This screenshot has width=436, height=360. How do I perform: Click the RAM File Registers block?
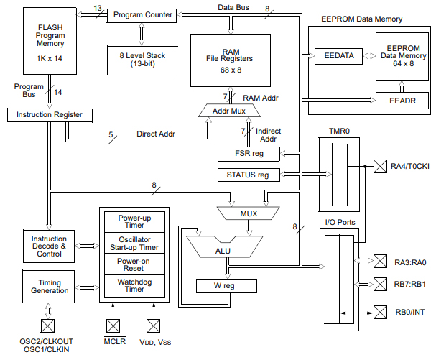tap(229, 57)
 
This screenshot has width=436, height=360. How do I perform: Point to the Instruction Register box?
tap(50, 114)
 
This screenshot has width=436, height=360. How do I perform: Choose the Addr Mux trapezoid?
tap(229, 111)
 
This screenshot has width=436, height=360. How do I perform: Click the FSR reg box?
tap(248, 154)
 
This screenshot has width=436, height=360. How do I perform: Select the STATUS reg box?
tap(248, 175)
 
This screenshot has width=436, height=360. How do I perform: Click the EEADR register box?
tap(402, 99)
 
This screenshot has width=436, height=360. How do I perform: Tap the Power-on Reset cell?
tap(134, 264)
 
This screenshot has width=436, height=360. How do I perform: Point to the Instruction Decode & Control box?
tap(49, 244)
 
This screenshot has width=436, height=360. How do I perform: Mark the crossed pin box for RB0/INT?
tap(379, 312)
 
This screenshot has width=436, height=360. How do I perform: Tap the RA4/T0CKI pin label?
tap(411, 167)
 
